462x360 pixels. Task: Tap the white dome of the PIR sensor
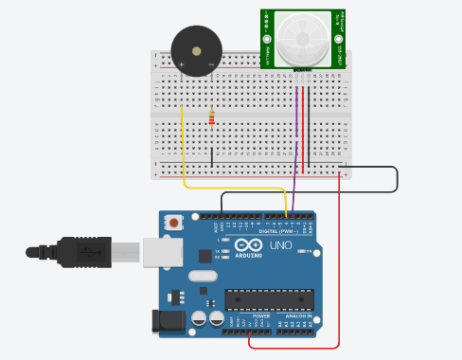point(302,37)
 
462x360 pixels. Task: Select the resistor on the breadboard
point(211,118)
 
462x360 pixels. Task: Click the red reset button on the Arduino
point(173,223)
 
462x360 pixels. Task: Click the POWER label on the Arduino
point(234,315)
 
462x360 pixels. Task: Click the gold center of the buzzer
point(196,51)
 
